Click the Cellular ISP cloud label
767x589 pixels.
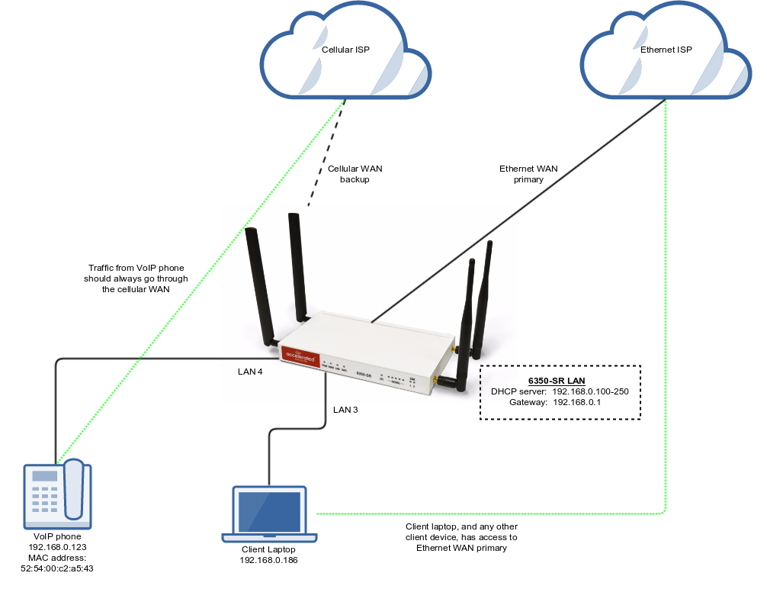[347, 50]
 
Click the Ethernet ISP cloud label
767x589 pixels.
[666, 50]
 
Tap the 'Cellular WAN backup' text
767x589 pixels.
[355, 174]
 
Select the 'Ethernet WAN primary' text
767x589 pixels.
[521, 174]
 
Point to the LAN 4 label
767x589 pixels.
[250, 372]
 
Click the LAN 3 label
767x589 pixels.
[345, 410]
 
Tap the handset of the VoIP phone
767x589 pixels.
[74, 488]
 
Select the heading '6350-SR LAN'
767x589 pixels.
[560, 380]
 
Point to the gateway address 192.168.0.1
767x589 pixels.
[576, 402]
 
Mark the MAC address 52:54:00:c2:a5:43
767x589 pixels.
[59, 568]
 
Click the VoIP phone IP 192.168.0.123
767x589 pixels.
[59, 548]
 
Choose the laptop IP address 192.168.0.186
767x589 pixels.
[269, 560]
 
